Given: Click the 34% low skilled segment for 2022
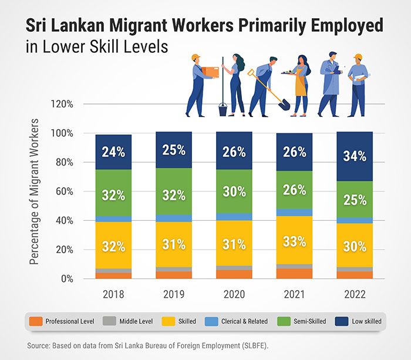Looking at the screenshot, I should [355, 156].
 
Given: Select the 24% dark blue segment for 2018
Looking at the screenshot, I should [113, 152].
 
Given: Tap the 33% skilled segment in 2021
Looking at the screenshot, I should [294, 241].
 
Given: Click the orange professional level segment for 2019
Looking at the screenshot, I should [173, 275].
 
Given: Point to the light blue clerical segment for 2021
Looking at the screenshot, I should [294, 212].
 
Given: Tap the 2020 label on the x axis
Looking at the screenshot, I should [234, 294].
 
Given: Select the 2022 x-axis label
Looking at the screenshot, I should [355, 294].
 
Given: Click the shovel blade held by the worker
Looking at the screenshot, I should [284, 104].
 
